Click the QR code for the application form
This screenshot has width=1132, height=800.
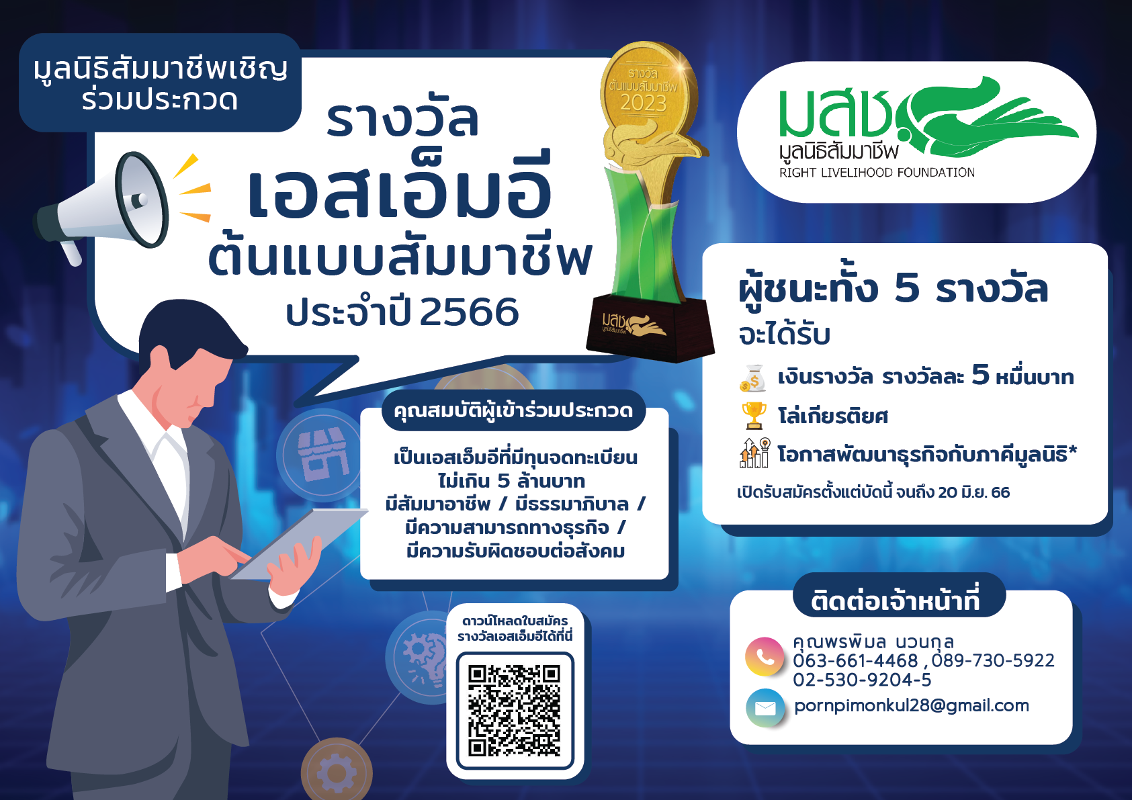point(515,711)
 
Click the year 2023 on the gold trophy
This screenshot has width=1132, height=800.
point(644,103)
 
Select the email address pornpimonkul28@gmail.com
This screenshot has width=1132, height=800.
point(912,705)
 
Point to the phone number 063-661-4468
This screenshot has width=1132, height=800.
point(855,660)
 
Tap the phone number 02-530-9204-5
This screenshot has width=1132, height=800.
point(862,680)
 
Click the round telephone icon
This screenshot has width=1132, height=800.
point(765,656)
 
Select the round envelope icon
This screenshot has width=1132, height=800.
point(765,707)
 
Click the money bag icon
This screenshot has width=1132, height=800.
point(753,377)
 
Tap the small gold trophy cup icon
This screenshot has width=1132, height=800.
point(754,415)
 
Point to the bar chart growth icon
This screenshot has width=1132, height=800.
point(754,453)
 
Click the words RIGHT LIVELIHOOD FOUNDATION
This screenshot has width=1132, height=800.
point(877,173)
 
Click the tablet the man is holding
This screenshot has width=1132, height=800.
point(299,543)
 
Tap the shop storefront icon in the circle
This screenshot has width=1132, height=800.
point(322,454)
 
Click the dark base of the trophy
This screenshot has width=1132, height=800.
point(650,328)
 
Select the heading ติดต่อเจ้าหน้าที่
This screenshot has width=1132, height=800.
point(896,600)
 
